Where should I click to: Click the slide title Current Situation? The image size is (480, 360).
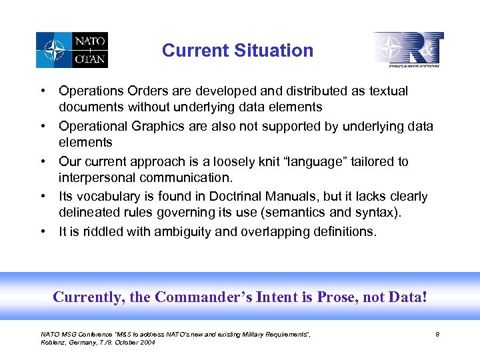237,51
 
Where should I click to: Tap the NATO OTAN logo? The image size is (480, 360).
72,50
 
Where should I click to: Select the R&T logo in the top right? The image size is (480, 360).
409,49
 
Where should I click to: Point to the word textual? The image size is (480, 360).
386,91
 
